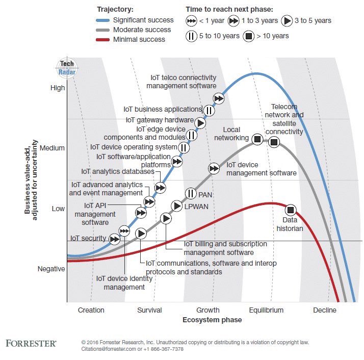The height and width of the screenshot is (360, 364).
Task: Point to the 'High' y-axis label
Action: point(58,88)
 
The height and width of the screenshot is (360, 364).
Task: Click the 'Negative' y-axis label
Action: point(51,269)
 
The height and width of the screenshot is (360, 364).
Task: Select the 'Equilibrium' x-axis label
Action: point(266,310)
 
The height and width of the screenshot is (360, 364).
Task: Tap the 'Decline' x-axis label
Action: point(324,310)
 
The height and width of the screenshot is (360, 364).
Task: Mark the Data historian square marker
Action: point(291,210)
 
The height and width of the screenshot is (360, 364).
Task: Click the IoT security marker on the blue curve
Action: point(115,239)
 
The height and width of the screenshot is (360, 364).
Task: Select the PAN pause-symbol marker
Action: point(190,193)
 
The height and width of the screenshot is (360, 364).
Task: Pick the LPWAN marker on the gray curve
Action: point(177,206)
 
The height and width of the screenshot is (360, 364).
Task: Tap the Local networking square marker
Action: point(258,139)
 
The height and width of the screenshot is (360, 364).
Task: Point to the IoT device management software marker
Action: point(215,168)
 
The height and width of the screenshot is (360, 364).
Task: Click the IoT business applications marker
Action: point(209,110)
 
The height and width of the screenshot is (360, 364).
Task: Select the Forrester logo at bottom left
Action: point(31,343)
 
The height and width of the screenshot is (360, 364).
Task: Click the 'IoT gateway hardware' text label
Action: point(160,120)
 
